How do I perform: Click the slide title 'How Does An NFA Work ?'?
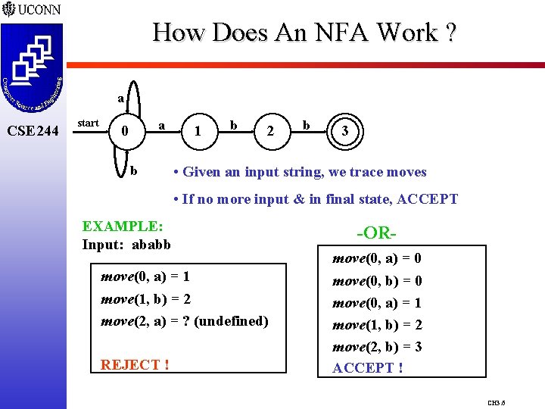click(304, 32)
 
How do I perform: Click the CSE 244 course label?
click(32, 131)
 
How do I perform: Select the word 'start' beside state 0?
click(88, 123)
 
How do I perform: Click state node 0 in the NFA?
click(125, 131)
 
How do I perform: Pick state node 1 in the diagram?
click(198, 131)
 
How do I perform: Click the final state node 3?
click(345, 130)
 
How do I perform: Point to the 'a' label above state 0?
click(120, 98)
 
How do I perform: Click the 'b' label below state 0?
click(134, 170)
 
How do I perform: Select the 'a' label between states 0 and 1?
click(161, 122)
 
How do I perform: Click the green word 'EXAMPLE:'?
click(123, 226)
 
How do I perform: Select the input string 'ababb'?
click(151, 244)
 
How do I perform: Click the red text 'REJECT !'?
click(135, 364)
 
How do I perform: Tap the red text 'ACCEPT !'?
click(368, 368)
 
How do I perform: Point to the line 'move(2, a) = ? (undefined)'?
click(185, 320)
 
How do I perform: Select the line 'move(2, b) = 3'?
click(377, 347)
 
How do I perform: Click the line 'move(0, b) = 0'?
click(377, 281)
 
